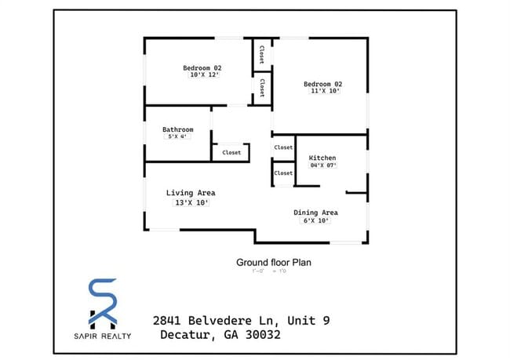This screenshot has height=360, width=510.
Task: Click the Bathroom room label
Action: (x=178, y=129)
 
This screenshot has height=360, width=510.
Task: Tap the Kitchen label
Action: (x=322, y=158)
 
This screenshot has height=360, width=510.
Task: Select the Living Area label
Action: (x=191, y=193)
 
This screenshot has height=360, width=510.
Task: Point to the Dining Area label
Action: (x=315, y=213)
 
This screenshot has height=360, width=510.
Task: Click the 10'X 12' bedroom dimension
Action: (x=202, y=75)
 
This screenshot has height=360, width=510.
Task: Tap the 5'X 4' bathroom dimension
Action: (x=177, y=137)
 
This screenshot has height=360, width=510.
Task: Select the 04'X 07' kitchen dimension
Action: (x=322, y=165)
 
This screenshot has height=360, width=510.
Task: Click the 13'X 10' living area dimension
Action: (x=191, y=202)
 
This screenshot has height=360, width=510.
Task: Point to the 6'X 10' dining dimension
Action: (x=316, y=220)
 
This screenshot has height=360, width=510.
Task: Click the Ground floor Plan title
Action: (x=274, y=263)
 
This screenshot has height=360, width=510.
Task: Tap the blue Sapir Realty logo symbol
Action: (x=104, y=303)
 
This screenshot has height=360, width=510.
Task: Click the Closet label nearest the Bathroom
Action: (x=231, y=153)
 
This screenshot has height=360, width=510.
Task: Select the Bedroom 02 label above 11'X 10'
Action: (x=323, y=84)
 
